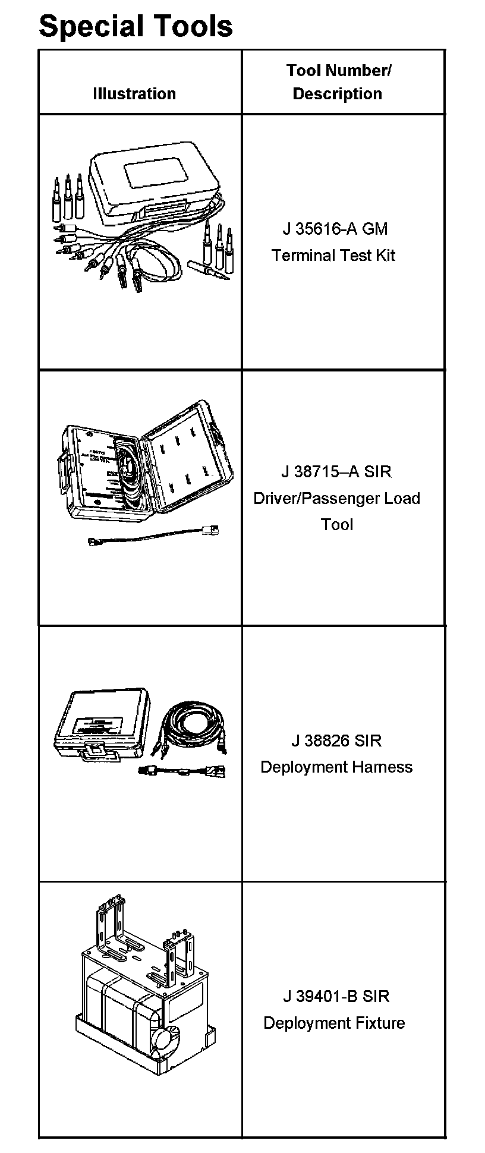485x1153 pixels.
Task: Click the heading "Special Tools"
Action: coord(136,26)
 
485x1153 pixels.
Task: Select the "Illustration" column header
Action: coord(134,94)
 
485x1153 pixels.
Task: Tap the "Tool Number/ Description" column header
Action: coord(338,82)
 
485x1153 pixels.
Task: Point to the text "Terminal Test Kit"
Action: coord(333,256)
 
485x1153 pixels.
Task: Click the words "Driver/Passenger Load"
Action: coord(337,498)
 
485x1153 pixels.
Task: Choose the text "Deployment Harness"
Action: coord(336,767)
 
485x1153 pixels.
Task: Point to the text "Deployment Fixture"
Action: coord(334,1023)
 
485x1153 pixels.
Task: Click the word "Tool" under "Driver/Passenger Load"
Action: coord(337,524)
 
